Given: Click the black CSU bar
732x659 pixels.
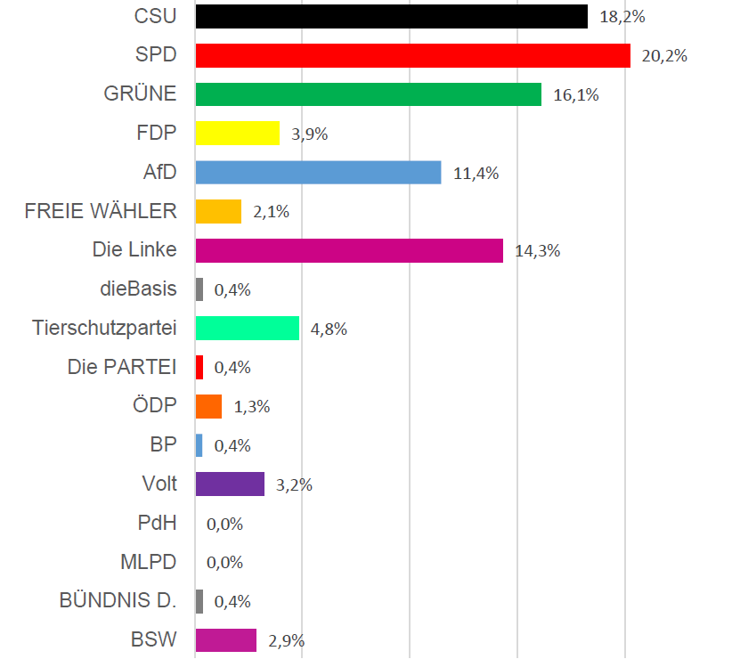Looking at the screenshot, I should (391, 16).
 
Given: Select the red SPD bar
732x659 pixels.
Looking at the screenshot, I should (412, 55).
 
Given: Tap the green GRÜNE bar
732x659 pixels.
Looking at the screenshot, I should (368, 94).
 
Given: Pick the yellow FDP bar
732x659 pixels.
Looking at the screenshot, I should (237, 134).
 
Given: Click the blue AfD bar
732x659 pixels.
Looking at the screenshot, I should (318, 173).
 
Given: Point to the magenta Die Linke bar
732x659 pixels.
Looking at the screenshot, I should (349, 250).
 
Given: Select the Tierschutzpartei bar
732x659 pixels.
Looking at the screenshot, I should (247, 329).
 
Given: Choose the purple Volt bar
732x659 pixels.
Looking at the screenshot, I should (230, 484).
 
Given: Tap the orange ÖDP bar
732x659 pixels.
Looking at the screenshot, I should (208, 406).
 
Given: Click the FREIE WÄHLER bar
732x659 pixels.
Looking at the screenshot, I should (218, 211).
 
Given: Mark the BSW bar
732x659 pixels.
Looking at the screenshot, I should (225, 640).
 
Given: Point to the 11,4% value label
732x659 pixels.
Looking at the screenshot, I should (476, 174).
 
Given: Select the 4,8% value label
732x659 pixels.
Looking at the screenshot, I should (329, 329).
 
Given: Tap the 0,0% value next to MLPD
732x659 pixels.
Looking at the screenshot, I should (224, 563).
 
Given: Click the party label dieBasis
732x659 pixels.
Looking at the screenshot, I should (139, 289).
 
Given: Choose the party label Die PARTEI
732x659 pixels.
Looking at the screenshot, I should (122, 367).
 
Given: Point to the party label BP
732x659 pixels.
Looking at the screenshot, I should (163, 445).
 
